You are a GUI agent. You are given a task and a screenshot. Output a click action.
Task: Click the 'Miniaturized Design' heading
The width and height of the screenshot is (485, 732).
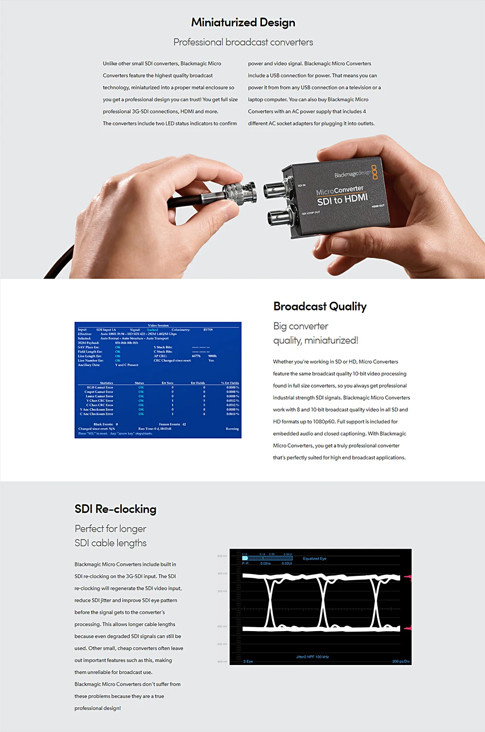[243, 22]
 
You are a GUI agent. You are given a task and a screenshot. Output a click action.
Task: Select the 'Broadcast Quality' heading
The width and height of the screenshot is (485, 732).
[320, 307]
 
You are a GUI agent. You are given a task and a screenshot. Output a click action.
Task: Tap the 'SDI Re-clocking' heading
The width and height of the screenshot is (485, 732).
[115, 509]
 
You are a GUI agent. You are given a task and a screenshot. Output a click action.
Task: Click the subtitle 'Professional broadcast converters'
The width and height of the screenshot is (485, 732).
[243, 42]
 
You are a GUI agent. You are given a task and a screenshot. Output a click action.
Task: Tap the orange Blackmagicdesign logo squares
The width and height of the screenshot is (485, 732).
[374, 171]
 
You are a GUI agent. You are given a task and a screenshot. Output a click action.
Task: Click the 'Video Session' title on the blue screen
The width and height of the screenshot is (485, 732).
[158, 325]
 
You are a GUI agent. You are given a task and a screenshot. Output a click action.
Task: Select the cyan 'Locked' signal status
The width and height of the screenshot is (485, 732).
[153, 330]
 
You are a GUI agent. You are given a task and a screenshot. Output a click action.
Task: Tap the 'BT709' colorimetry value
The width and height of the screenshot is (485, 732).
[208, 330]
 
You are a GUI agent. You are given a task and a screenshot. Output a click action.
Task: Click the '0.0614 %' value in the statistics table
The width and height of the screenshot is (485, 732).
[232, 414]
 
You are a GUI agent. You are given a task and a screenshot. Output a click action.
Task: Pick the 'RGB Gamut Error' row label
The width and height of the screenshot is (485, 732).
[100, 388]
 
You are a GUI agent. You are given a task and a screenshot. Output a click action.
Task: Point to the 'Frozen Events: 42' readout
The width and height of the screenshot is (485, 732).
[172, 424]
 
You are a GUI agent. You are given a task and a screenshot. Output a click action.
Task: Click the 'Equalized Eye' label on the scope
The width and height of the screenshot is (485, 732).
[314, 559]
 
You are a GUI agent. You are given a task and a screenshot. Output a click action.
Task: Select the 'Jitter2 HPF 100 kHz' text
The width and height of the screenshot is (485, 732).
[312, 657]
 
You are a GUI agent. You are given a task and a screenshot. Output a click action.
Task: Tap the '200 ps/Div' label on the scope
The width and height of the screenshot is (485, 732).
[401, 662]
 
